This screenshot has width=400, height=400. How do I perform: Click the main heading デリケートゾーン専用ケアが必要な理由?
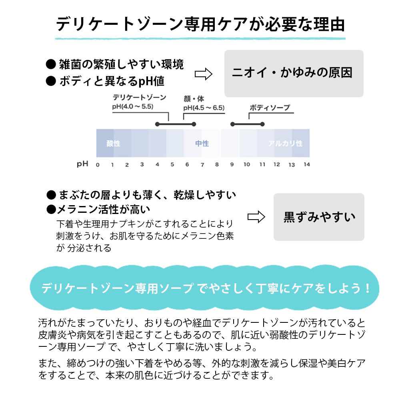tap(200, 24)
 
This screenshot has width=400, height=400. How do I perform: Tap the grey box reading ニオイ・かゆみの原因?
tap(294, 73)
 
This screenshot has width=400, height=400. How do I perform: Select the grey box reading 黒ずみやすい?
tap(319, 217)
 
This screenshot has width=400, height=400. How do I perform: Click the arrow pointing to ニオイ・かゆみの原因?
tap(203, 74)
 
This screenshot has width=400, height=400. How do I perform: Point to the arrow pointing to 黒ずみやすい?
tap(256, 217)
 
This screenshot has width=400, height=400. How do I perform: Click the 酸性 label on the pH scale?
tap(113, 143)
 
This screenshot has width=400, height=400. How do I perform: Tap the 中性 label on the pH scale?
tap(202, 143)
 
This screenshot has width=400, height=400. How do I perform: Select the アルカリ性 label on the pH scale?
tap(285, 143)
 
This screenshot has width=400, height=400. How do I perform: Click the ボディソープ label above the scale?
tap(270, 108)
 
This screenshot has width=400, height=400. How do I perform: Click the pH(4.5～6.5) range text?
tap(204, 108)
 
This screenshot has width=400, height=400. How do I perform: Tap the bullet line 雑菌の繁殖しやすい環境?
tap(121, 64)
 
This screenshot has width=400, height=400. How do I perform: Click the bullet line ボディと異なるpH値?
tap(112, 81)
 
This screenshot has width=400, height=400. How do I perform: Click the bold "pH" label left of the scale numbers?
tap(82, 164)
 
